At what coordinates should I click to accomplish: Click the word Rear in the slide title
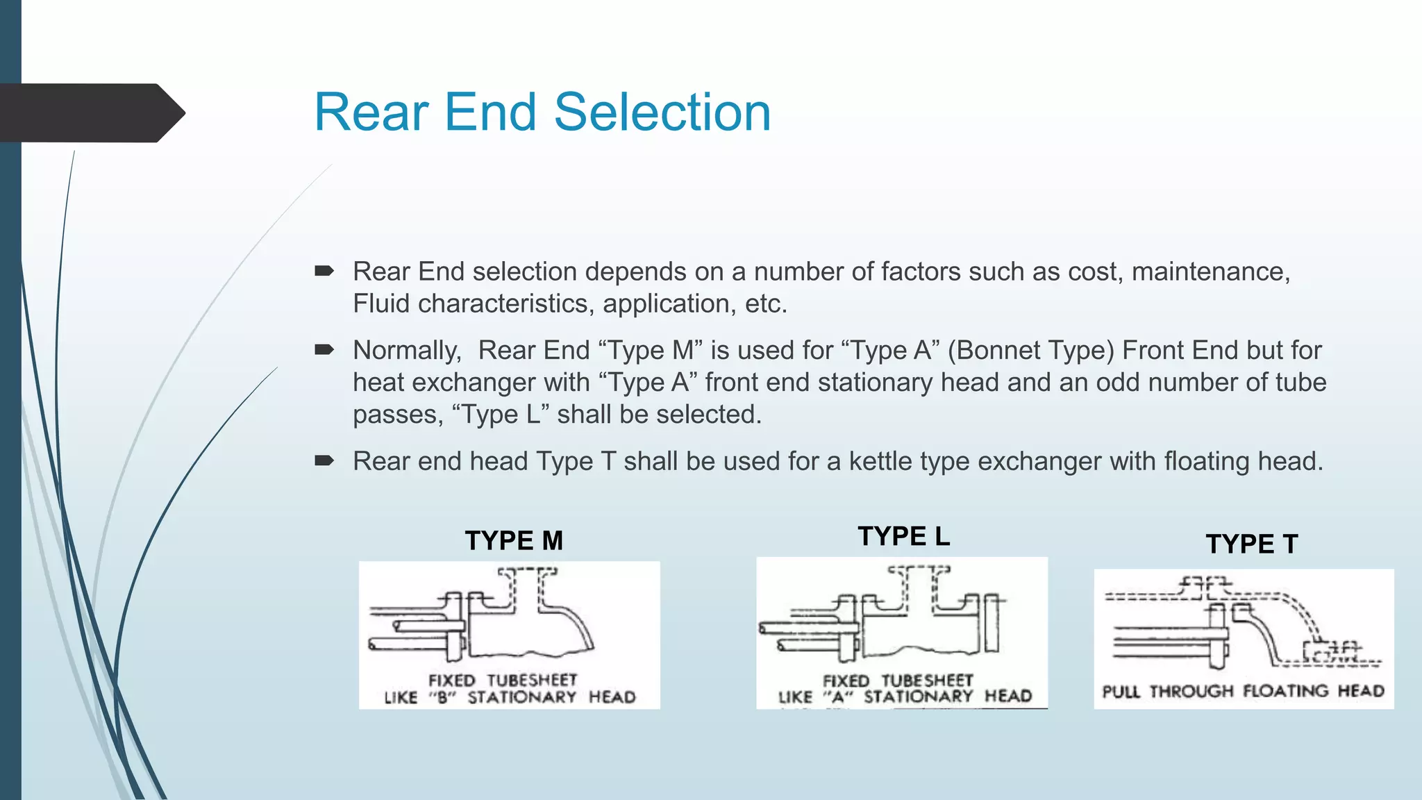pos(371,112)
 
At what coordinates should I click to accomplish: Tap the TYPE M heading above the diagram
pos(514,540)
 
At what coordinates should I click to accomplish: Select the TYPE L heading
pos(903,536)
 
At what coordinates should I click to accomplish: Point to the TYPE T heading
pos(1251,544)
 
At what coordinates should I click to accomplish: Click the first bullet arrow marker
pos(324,271)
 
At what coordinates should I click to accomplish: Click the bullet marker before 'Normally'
pos(324,349)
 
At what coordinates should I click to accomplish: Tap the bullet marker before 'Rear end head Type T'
pos(324,460)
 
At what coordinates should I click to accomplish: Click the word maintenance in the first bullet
pos(1210,272)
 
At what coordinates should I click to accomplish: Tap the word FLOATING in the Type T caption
pos(1286,691)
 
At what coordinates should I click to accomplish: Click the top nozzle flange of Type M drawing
pos(528,572)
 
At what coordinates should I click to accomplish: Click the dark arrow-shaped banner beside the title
pos(90,113)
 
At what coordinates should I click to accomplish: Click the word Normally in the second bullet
pos(406,350)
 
